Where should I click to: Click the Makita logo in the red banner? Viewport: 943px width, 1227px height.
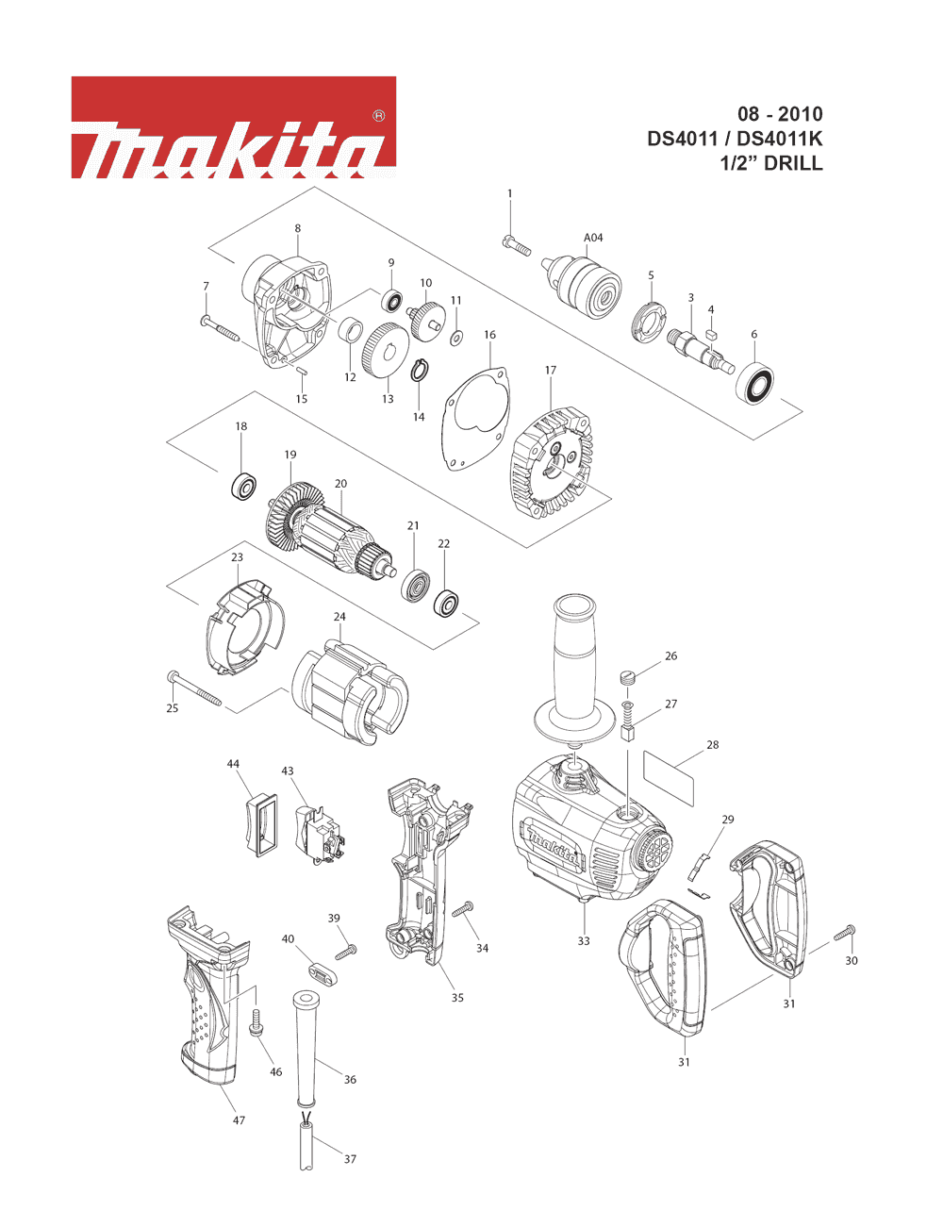(233, 128)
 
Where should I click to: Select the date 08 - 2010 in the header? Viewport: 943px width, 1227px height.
(780, 115)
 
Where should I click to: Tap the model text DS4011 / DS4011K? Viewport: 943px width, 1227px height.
(735, 139)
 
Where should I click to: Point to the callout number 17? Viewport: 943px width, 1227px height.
(551, 371)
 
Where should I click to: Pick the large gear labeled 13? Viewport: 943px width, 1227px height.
(386, 349)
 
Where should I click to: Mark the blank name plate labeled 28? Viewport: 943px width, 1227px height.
(669, 777)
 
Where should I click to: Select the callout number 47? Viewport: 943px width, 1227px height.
(239, 1120)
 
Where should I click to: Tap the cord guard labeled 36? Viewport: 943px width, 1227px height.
(306, 1048)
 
